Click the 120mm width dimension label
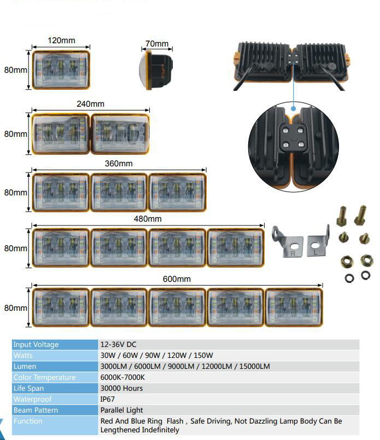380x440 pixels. pos(61,40)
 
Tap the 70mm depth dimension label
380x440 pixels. pos(157,44)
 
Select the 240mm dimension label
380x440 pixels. pos(90,104)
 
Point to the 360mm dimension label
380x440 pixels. pos(119,164)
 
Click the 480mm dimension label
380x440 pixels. pos(148,219)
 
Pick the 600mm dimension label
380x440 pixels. pos(177,279)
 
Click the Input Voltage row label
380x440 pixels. pos(36,345)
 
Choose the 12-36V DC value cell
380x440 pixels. pos(118,345)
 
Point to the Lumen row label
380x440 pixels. pos(25,367)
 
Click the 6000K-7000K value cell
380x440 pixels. pos(122,378)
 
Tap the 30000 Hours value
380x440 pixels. pos(121,389)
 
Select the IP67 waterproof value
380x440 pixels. pos(108,400)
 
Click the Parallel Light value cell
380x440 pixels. pos(121,410)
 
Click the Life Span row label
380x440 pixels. pos(28,389)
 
